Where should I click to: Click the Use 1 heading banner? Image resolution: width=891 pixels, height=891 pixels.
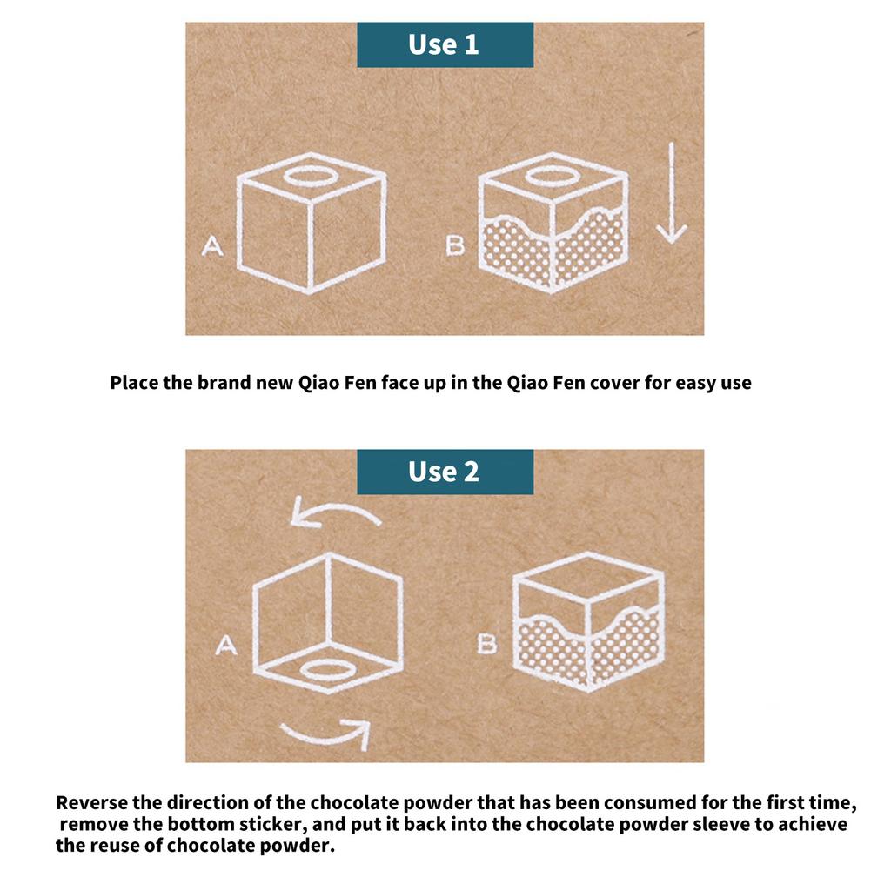coord(445,45)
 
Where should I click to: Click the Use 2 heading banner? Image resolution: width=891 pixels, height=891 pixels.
coord(445,472)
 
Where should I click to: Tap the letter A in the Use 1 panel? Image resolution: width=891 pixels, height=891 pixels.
coord(212,246)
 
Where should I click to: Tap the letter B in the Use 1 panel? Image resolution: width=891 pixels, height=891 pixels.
coord(456,245)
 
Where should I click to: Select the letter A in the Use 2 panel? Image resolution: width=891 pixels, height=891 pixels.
coord(226,645)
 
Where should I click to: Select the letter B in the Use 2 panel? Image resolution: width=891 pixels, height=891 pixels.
coord(487,645)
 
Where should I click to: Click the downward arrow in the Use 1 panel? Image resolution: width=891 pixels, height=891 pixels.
coord(672,193)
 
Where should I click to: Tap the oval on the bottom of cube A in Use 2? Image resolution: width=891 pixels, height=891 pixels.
coord(328,671)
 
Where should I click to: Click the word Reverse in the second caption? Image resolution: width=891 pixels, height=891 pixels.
coord(91,802)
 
